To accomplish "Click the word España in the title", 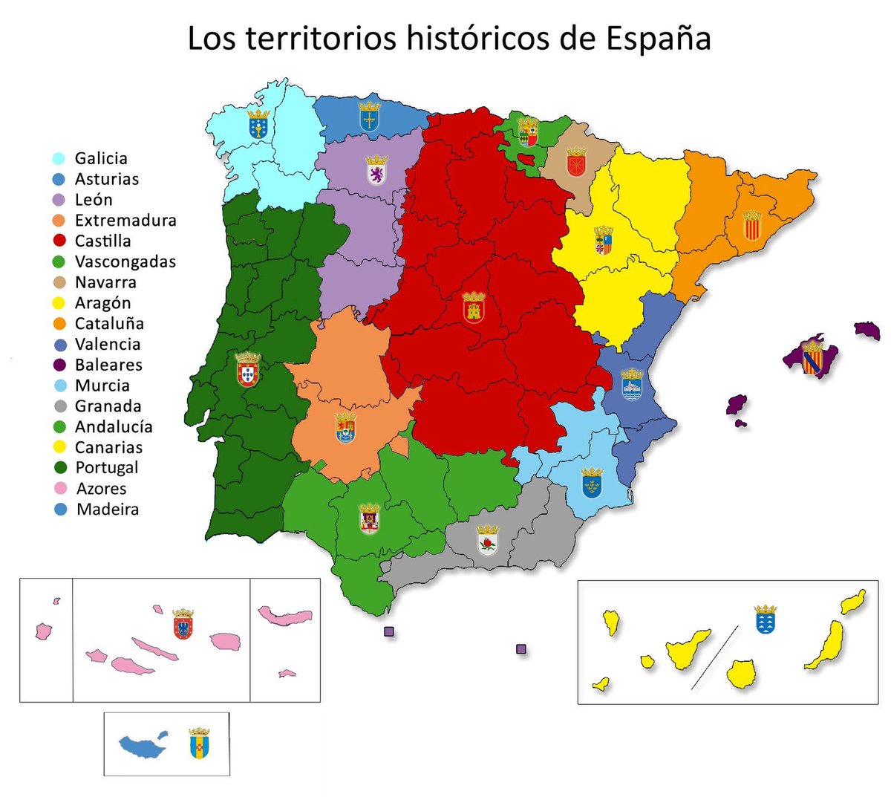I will coord(658,39).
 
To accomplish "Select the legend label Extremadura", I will coord(125,221).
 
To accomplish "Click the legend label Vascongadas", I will coord(125,261).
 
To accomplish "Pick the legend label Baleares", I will coord(108,365).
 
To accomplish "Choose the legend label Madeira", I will coord(108,510).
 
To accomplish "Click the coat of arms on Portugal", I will coord(247,369).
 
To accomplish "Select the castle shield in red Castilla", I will coord(474,308).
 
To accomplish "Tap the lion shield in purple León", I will coord(377,171).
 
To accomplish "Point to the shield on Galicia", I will coord(258,124).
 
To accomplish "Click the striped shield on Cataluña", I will coord(752,225).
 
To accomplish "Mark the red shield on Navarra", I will coord(576,163).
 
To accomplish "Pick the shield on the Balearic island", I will coord(812,357).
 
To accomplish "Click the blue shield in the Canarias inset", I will coord(766,619).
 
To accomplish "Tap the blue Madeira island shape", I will coord(143,745).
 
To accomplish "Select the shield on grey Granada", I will coord(488,540).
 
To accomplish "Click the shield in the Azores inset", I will coord(183,625).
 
